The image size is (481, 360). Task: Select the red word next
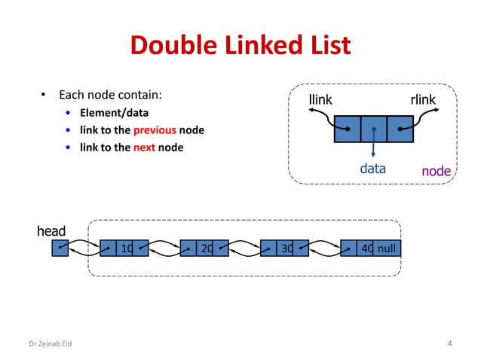coord(144,147)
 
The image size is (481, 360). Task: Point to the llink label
coord(320,100)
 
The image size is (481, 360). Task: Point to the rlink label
coord(422,100)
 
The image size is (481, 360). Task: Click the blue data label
coord(372,168)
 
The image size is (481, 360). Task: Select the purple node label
coord(436,171)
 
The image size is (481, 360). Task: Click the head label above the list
coord(51,230)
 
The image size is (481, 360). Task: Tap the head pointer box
coord(60,248)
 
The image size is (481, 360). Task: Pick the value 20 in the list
coord(206,248)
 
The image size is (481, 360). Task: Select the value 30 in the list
coord(286,248)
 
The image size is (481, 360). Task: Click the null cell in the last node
coord(387,248)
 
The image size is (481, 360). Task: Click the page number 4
coord(449,344)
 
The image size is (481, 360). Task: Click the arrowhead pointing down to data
coord(373,156)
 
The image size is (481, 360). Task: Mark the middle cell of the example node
coord(373,129)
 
